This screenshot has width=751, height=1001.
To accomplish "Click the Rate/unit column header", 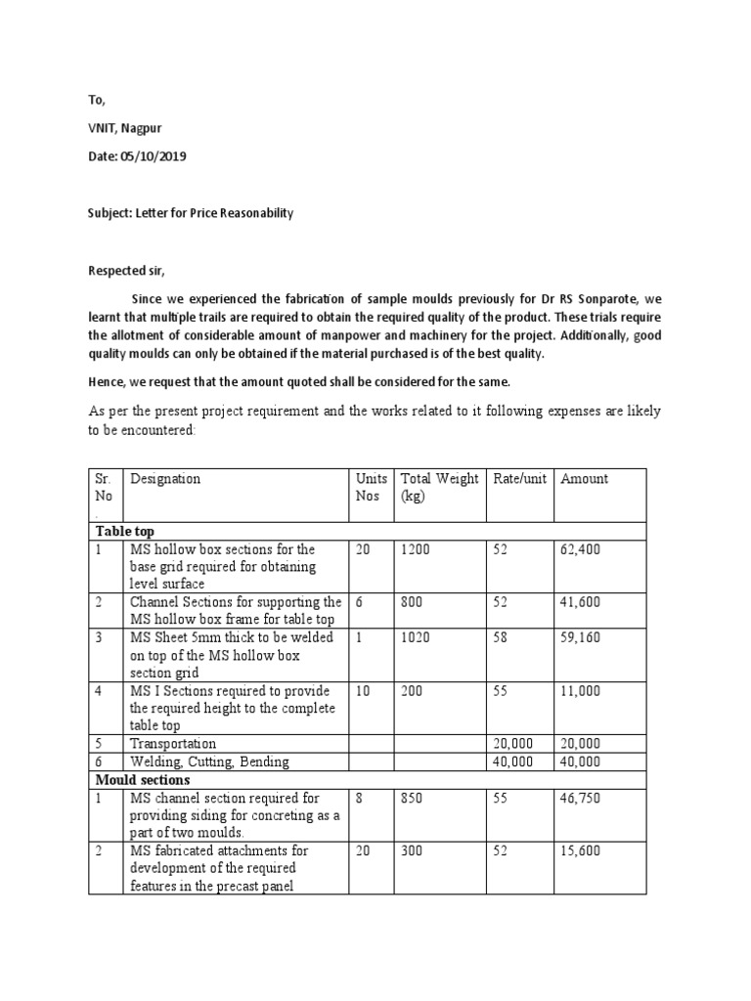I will click(x=517, y=479).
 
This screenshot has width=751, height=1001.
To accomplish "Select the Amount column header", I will click(x=584, y=479).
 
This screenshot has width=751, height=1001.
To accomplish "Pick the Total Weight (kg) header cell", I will click(x=439, y=487).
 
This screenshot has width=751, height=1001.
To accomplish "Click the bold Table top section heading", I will click(x=124, y=531).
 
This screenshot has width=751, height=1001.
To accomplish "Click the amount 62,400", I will click(x=581, y=550).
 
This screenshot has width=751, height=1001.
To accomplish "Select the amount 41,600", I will click(x=581, y=603).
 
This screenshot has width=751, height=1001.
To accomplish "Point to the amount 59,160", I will click(x=581, y=638).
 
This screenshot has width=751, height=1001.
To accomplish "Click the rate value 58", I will click(x=500, y=638).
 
